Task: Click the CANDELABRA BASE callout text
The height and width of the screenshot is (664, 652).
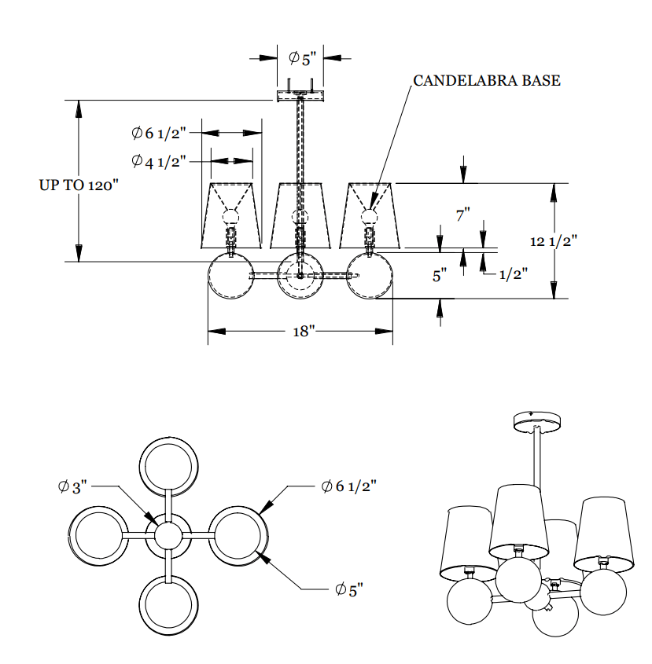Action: click(487, 81)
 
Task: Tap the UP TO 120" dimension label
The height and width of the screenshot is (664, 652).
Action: click(79, 185)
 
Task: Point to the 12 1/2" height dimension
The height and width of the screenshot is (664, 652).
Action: click(554, 241)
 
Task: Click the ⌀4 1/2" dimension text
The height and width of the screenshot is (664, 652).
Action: click(158, 161)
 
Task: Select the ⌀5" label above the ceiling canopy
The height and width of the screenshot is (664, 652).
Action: click(301, 57)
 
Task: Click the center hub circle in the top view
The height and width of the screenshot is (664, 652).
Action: click(168, 536)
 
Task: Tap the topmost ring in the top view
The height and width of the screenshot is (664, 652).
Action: click(168, 465)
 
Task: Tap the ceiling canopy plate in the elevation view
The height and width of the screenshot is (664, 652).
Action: click(300, 96)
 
